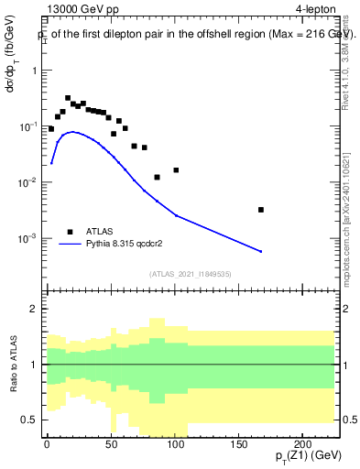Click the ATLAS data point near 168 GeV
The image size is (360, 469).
[x=261, y=210]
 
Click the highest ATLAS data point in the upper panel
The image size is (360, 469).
[x=68, y=98]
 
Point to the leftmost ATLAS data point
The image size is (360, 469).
[x=51, y=129]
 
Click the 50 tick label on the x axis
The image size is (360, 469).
[x=111, y=443]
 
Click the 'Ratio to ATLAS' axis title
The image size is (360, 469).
[x=14, y=365]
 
